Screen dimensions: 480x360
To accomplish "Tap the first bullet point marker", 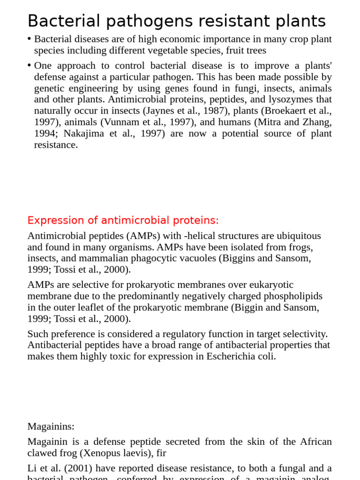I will pyautogui.click(x=30, y=38).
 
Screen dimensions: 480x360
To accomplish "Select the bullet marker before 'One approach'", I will pyautogui.click(x=30, y=65).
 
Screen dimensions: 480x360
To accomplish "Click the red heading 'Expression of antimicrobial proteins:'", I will pyautogui.click(x=123, y=220).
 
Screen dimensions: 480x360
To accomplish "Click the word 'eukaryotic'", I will pyautogui.click(x=270, y=285).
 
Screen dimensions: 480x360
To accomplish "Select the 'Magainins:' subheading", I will pyautogui.click(x=51, y=427).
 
